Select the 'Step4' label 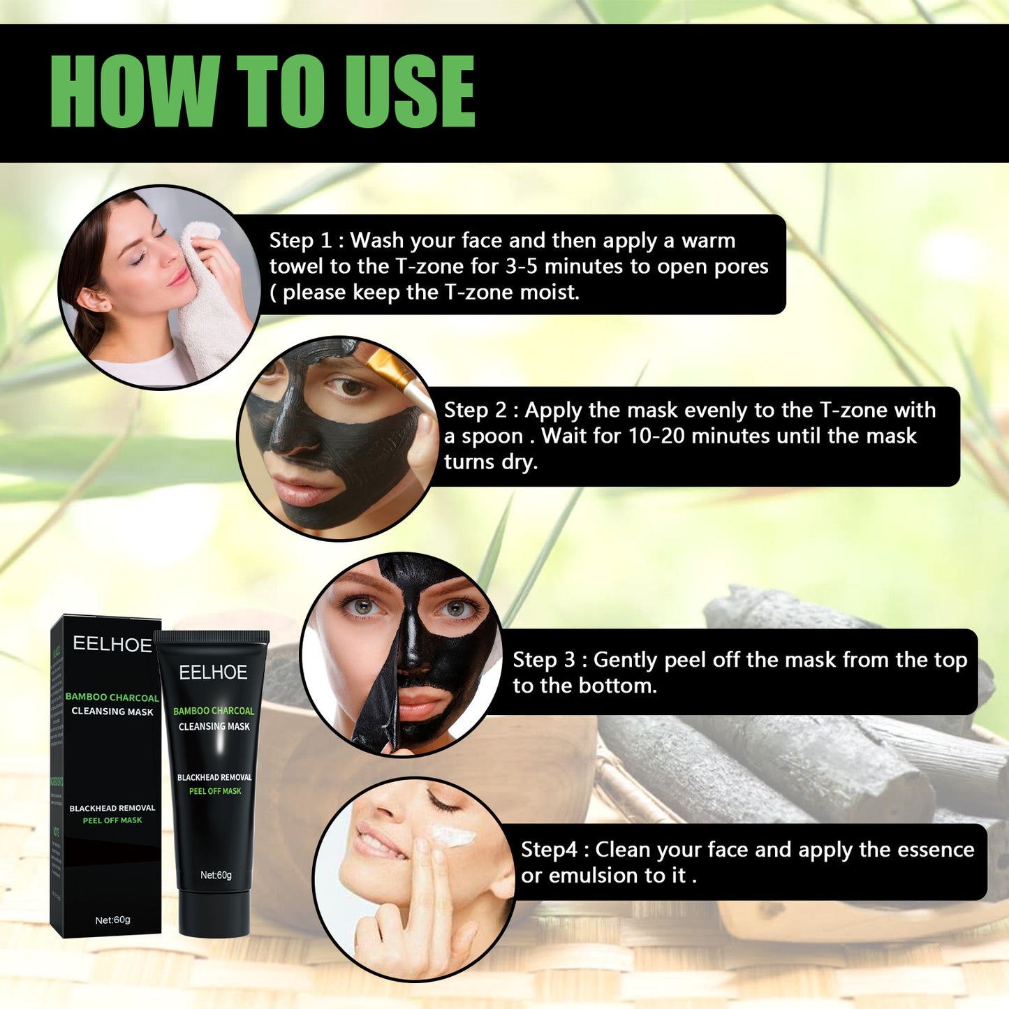549,850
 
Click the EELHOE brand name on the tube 213,672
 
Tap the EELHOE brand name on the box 112,645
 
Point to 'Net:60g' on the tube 216,875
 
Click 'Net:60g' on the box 112,920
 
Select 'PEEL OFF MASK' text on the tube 215,791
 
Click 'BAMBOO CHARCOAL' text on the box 112,697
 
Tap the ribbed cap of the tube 212,637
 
